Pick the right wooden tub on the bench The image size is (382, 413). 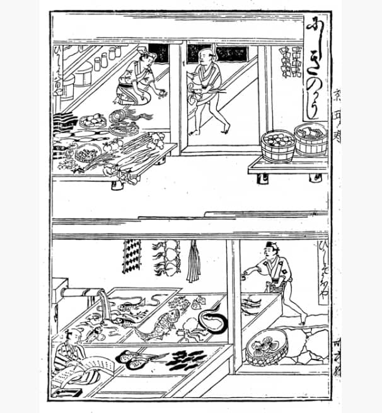311,139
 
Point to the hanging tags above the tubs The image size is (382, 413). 291,62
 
